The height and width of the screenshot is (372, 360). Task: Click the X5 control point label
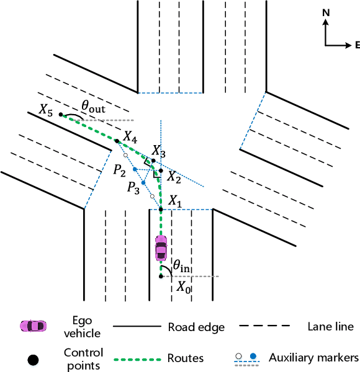point(46,110)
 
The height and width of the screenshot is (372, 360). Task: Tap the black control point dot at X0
point(161,276)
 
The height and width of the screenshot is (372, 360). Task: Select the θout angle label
point(94,107)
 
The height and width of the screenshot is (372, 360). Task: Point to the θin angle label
point(181,266)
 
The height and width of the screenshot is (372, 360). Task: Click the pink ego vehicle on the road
point(161,248)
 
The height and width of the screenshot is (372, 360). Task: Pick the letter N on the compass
point(326,19)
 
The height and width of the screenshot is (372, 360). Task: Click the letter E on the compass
point(357,45)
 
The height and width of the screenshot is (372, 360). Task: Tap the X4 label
point(130,135)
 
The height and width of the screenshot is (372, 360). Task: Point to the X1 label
point(176,201)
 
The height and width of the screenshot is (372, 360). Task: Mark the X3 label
point(159,151)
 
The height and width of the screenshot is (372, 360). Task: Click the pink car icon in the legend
point(32,326)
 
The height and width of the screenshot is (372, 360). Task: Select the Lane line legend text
point(330,326)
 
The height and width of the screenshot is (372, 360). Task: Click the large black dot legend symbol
point(33,358)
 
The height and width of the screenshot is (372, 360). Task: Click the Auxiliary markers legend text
point(313,357)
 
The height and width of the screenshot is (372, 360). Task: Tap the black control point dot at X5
point(61,114)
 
